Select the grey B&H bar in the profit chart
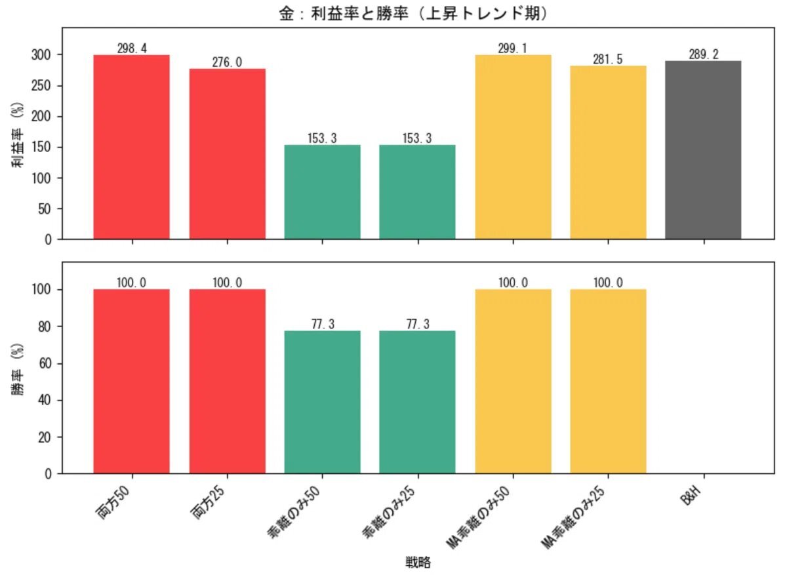(x=703, y=150)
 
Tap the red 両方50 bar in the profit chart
(x=132, y=147)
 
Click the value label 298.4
(x=132, y=49)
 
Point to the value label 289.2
(x=703, y=54)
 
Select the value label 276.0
(x=227, y=62)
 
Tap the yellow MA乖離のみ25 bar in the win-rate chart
(x=608, y=381)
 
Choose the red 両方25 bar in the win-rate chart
(x=227, y=381)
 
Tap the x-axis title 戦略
(x=418, y=562)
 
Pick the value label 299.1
(x=513, y=49)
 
